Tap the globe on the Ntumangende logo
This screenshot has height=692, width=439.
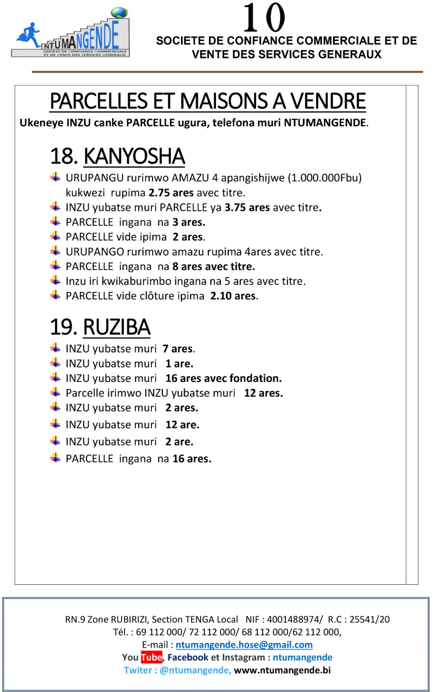click(x=119, y=13)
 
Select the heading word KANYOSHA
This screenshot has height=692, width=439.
click(x=134, y=156)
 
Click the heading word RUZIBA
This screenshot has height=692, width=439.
click(x=117, y=327)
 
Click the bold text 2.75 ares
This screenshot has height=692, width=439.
click(x=171, y=192)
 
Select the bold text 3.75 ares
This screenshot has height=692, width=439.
click(x=247, y=208)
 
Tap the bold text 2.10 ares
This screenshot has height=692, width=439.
click(x=233, y=296)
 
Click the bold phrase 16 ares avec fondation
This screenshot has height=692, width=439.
click(x=223, y=378)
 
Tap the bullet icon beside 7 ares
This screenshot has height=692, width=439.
click(x=55, y=348)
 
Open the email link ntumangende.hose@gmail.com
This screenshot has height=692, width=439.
click(x=244, y=645)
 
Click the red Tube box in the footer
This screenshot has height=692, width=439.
click(x=151, y=657)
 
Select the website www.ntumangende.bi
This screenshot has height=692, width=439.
click(x=282, y=670)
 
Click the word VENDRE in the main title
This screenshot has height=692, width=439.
click(x=328, y=102)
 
